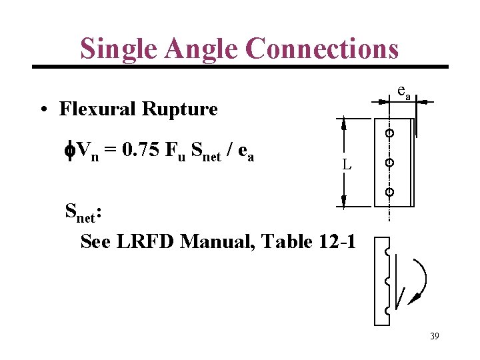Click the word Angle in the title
pos(205,48)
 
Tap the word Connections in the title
pos(321,48)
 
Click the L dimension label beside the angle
pos(347,164)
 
